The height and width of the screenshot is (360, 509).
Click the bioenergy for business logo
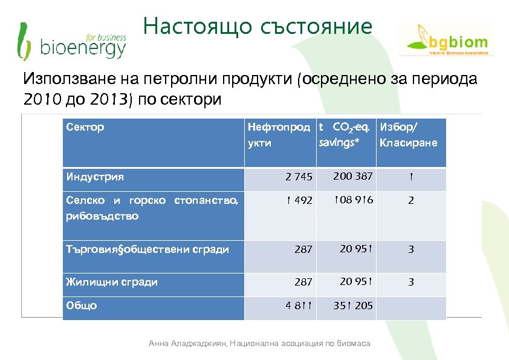click(x=71, y=41)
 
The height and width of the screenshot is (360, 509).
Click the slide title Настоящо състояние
click(x=258, y=27)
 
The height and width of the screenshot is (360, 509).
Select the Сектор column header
click(x=85, y=127)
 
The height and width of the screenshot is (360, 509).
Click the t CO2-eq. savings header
click(x=343, y=134)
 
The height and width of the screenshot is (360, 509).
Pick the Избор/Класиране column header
click(x=408, y=135)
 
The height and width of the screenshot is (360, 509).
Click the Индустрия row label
click(x=95, y=177)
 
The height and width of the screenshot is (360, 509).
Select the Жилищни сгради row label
click(x=112, y=281)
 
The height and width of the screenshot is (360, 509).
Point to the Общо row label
click(x=82, y=306)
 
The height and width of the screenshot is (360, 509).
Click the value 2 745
click(x=299, y=177)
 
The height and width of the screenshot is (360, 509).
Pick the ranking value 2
click(x=410, y=201)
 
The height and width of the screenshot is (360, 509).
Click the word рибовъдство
click(x=102, y=216)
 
